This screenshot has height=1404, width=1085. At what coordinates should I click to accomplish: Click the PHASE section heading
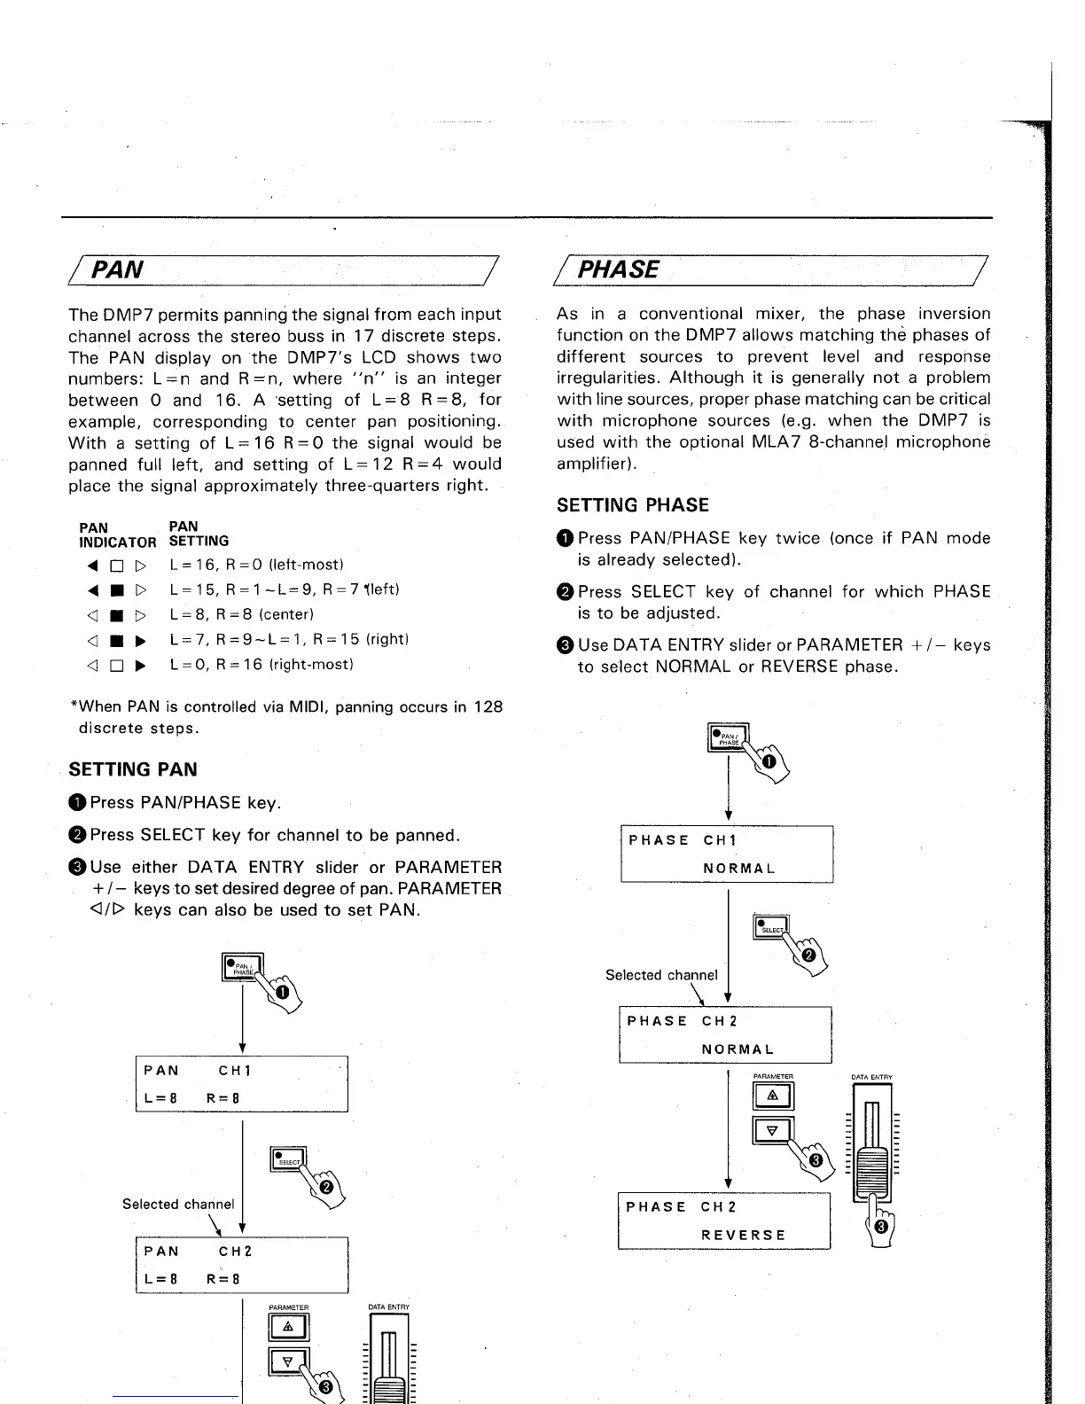point(618,269)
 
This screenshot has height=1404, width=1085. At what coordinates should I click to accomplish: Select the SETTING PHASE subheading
point(632,505)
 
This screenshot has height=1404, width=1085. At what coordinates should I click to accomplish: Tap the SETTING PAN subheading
point(133,769)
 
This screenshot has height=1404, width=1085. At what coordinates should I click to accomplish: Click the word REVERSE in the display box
point(743,1235)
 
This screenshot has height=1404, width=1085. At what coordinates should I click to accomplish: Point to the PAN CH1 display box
point(241,1083)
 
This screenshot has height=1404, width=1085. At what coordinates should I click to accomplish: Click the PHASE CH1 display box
point(726,853)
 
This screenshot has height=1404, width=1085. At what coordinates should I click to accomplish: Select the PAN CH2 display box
point(241,1265)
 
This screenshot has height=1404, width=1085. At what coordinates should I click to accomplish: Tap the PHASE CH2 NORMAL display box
point(724,1034)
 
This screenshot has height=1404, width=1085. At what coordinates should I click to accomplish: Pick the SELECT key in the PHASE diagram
point(770,926)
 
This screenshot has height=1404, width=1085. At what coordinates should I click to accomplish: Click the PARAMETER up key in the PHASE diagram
point(772,1096)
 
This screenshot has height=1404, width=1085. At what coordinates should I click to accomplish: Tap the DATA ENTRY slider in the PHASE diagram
point(871,1152)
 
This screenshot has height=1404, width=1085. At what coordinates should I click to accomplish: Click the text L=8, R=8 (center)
point(241,614)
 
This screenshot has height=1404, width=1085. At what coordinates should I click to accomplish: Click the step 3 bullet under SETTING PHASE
point(566,645)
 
